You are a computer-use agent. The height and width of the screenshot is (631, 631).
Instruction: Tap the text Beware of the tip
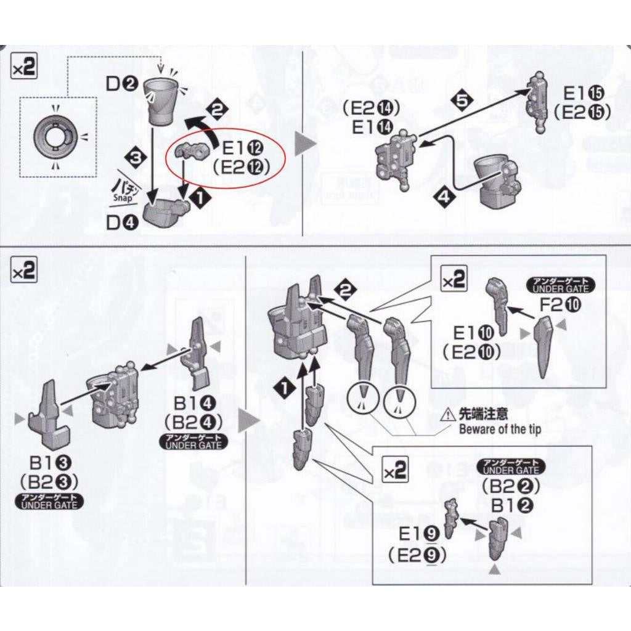tap(499, 429)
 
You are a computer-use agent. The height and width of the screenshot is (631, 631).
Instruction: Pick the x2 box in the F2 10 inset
tap(455, 280)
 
